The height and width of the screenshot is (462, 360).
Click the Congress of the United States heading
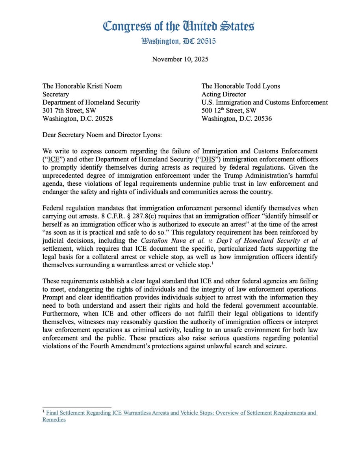coord(178,26)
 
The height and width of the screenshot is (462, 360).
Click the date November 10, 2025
coord(180,59)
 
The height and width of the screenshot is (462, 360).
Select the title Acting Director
coord(224,94)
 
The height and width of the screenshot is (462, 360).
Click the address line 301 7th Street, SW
coord(69,111)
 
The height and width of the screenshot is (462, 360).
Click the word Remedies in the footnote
coord(54,419)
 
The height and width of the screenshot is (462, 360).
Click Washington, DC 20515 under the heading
coord(178,41)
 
